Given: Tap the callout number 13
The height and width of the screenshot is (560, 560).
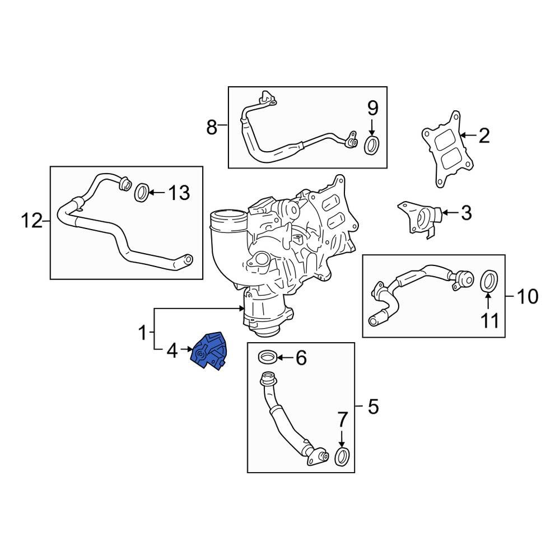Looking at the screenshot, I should pos(179,194).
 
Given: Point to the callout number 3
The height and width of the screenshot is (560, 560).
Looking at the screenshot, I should pos(466,213).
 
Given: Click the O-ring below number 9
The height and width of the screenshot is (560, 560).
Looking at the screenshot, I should pos(372,145).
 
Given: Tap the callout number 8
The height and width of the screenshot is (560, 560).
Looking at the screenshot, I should pos(211,128).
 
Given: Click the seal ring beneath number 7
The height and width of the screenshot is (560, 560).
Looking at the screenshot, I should pos(342,456).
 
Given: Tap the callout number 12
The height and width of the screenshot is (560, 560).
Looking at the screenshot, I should pos(32,221).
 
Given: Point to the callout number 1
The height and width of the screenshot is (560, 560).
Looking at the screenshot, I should pos(144,334).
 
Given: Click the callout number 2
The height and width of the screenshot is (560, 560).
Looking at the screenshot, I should pos(483,135).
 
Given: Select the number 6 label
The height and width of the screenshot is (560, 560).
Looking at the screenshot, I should pos(301,357).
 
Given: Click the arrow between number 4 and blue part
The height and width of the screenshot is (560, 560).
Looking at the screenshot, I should pos(185,352).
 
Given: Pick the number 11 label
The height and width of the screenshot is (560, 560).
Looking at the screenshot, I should pos(488,321).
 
